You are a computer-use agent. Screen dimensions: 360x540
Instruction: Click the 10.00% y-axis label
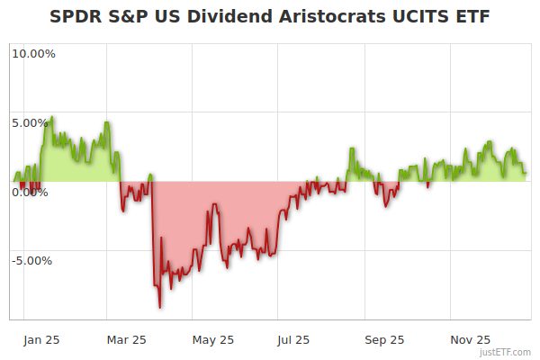pyautogui.click(x=33, y=53)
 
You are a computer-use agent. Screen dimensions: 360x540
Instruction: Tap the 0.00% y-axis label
pyautogui.click(x=31, y=192)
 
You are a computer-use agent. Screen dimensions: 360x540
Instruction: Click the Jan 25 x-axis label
pyautogui.click(x=42, y=340)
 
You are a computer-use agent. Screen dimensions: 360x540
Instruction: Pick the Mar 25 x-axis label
pyautogui.click(x=126, y=340)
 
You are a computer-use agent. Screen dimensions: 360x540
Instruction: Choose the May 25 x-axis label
pyautogui.click(x=213, y=340)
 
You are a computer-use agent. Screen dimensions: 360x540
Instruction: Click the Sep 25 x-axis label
pyautogui.click(x=384, y=340)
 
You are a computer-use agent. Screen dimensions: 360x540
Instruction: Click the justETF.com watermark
pyautogui.click(x=507, y=353)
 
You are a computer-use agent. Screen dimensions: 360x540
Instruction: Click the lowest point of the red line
pyautogui.click(x=160, y=307)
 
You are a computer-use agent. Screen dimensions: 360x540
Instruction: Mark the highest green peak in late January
pyautogui.click(x=51, y=116)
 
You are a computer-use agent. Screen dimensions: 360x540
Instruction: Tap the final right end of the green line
pyautogui.click(x=526, y=173)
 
